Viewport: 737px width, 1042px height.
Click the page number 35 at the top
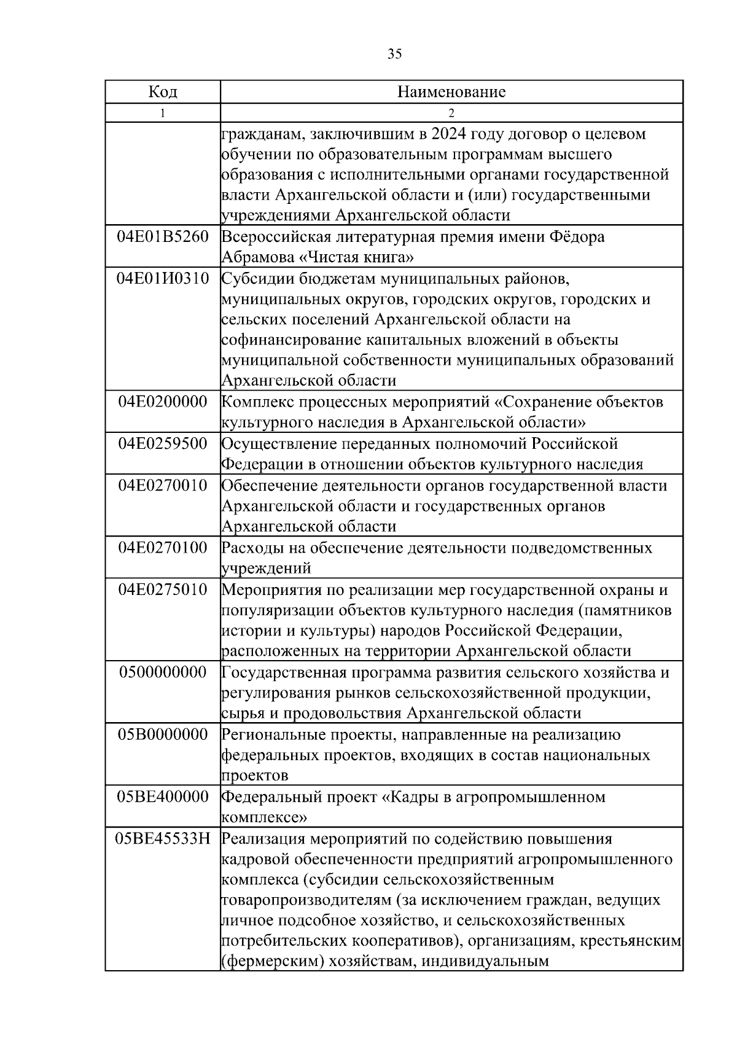click(x=395, y=54)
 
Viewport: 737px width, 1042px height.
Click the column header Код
click(x=163, y=92)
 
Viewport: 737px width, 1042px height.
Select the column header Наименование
click(x=451, y=92)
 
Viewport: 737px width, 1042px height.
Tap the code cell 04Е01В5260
click(x=163, y=236)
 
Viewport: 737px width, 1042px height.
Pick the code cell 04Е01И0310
click(x=163, y=278)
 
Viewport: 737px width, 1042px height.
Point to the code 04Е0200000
click(x=163, y=402)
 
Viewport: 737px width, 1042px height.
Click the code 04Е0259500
click(x=163, y=443)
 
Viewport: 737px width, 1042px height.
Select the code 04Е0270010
click(x=163, y=485)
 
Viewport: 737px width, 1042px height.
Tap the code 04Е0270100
click(x=163, y=547)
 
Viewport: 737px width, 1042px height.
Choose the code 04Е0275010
click(x=163, y=589)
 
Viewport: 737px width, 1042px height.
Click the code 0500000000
click(x=163, y=672)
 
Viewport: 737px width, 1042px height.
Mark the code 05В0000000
click(x=163, y=734)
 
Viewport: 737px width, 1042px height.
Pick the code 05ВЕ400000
click(x=163, y=796)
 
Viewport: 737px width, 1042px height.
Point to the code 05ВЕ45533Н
click(x=163, y=838)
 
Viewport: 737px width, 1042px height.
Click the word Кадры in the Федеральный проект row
click(x=415, y=797)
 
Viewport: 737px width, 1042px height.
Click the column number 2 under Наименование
click(x=451, y=113)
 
